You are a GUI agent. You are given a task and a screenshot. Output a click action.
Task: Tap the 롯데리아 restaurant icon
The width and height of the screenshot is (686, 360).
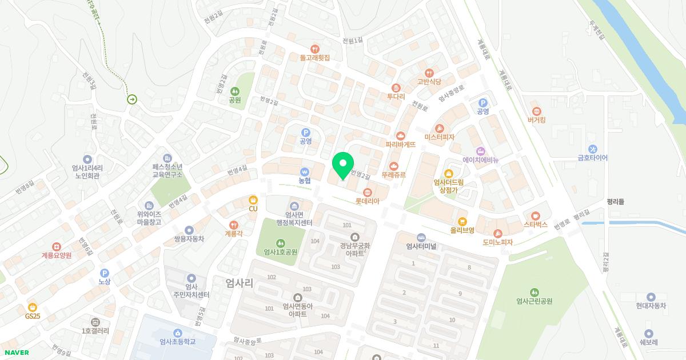click(368, 192)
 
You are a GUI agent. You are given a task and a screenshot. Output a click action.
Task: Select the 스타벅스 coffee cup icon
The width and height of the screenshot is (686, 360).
click(536, 216)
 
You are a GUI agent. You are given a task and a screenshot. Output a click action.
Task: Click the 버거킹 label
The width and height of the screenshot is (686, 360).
click(536, 120)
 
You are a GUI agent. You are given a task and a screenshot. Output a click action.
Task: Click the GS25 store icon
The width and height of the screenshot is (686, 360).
click(33, 307)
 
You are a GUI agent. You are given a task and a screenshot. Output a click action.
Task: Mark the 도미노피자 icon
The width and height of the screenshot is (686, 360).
click(498, 233)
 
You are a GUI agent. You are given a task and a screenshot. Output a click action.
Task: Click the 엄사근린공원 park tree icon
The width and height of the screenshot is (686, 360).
click(534, 293)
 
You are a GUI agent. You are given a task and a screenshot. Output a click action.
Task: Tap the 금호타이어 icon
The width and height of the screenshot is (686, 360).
click(592, 149)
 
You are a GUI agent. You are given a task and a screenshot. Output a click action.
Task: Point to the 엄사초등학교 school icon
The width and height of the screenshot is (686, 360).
click(178, 333)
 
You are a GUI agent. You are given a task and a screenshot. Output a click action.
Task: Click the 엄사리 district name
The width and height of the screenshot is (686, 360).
click(239, 282)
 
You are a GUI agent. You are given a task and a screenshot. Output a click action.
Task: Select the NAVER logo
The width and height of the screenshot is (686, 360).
click(15, 353)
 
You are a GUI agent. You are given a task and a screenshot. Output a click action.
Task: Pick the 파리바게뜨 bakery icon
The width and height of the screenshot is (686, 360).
click(400, 136)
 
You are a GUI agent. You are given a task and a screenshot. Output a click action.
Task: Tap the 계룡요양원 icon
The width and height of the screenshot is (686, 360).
click(56, 246)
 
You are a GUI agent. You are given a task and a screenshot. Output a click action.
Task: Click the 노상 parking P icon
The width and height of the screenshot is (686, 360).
click(104, 273)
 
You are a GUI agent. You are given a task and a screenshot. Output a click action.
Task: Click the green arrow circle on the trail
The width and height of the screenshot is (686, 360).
click(133, 99)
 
